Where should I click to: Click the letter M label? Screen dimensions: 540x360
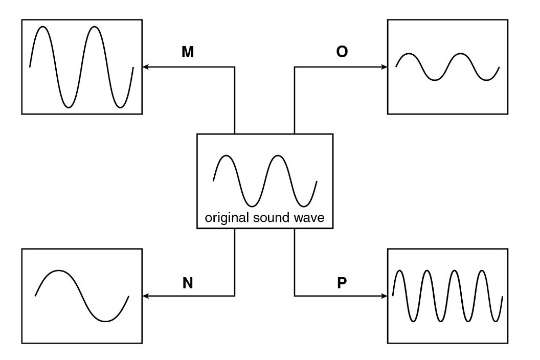[188, 52]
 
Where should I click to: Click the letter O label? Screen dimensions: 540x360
[342, 52]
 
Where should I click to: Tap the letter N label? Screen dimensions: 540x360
[188, 283]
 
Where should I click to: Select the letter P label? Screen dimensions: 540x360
[342, 282]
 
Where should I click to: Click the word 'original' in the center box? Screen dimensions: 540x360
[227, 218]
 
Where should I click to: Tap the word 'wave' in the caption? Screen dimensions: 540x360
[309, 218]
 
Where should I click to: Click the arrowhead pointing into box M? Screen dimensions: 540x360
[145, 67]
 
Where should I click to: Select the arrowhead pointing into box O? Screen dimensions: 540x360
[385, 67]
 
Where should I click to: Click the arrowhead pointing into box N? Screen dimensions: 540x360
[145, 296]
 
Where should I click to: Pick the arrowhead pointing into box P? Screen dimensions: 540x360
[385, 296]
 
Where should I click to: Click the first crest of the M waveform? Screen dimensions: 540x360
[43, 27]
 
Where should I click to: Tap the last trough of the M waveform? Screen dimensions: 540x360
[120, 107]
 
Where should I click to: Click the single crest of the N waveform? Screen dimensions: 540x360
[58, 271]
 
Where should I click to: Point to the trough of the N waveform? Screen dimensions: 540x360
[105, 321]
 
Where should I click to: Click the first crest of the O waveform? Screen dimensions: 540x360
[409, 54]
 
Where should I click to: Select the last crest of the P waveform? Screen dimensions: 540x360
[482, 271]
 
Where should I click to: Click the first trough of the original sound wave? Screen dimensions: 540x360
[252, 206]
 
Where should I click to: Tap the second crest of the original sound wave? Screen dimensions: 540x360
[278, 156]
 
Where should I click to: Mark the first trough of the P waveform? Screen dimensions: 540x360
[413, 321]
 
